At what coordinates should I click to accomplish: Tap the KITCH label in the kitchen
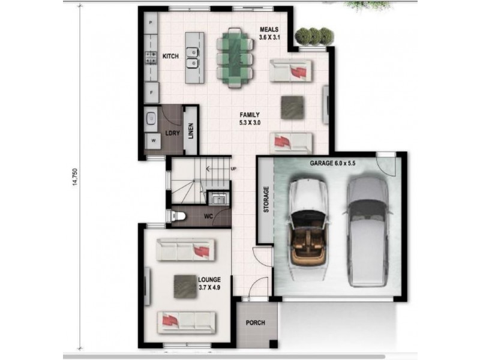tap(171, 56)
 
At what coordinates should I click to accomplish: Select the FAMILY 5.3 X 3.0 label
tap(250, 118)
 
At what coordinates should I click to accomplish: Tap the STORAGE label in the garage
tap(266, 199)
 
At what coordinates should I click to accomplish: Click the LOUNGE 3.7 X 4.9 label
tap(209, 283)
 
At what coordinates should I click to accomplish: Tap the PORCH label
tap(256, 323)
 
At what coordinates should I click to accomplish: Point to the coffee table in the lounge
tap(185, 286)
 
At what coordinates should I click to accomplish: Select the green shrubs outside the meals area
tap(314, 35)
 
